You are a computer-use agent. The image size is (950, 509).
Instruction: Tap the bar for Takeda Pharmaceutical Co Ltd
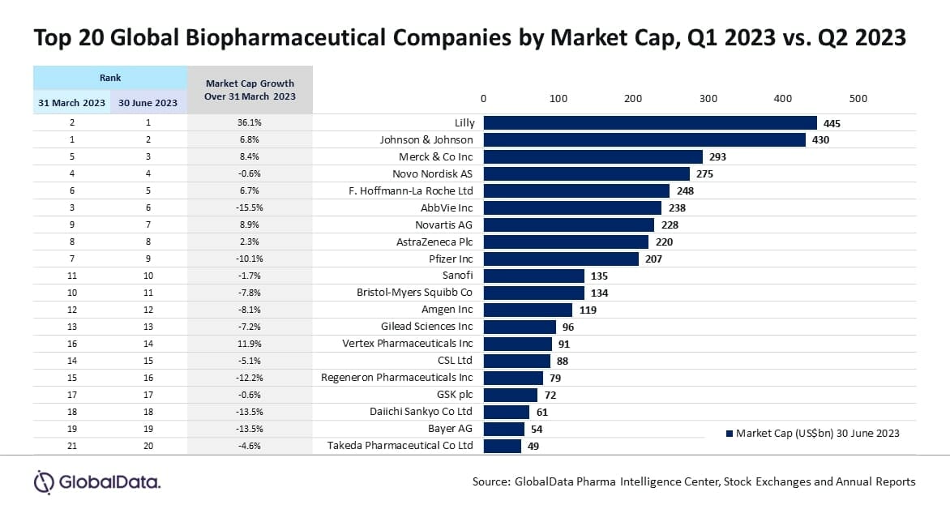(503, 446)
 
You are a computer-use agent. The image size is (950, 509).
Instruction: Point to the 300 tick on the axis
(708, 99)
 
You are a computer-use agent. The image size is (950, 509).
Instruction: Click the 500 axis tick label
(858, 99)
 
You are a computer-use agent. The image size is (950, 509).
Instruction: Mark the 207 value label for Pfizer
(653, 259)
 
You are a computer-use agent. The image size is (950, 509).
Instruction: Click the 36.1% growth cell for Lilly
(250, 123)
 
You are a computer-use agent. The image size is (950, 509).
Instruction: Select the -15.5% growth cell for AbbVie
(250, 208)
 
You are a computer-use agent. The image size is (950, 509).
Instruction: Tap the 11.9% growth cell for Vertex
(250, 344)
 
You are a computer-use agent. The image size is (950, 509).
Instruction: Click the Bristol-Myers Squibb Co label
(415, 293)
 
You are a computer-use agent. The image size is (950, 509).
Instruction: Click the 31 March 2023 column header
(71, 102)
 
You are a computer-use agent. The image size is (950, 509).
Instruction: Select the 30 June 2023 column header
(148, 102)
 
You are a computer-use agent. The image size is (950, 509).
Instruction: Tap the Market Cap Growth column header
(250, 90)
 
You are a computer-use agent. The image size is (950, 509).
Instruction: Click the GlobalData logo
(97, 482)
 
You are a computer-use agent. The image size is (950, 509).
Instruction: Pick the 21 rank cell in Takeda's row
(71, 446)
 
